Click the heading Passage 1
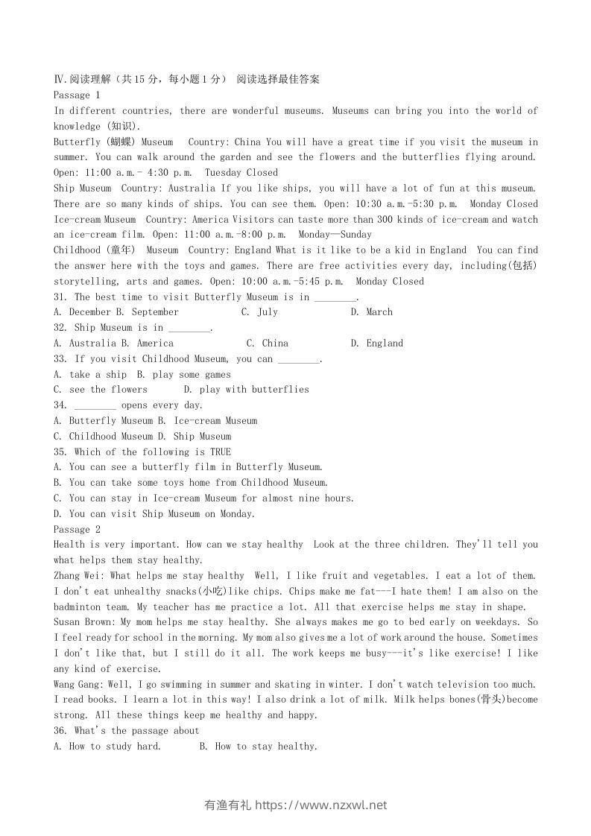77,95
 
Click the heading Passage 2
77,529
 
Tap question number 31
60,297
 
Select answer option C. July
259,312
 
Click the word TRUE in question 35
221,452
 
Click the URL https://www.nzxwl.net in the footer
321,805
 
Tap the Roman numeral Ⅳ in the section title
58,79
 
